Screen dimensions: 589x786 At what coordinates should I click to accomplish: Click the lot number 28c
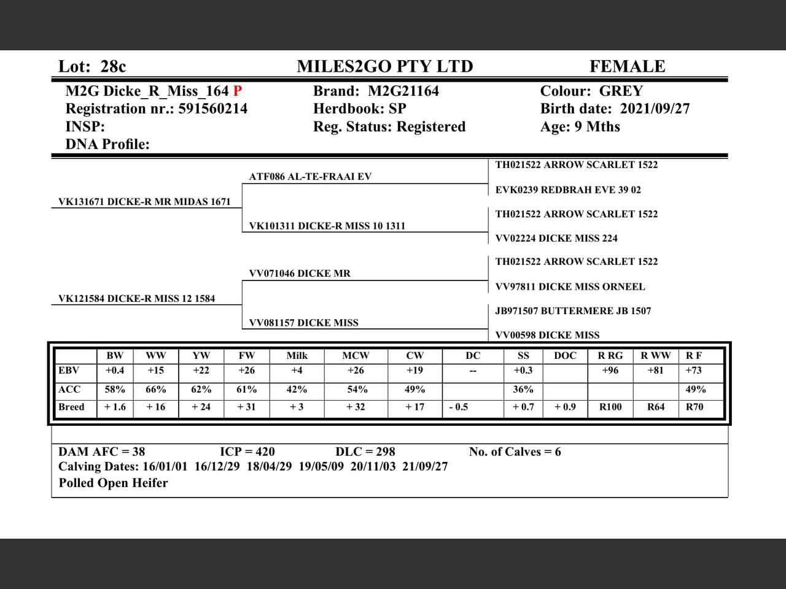pos(114,66)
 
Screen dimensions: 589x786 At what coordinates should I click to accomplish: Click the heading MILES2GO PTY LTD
pos(385,66)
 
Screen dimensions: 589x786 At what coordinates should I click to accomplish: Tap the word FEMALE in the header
pos(627,66)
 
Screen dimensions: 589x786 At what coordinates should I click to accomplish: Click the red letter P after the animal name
pos(238,91)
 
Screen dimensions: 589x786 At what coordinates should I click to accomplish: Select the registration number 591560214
pos(212,109)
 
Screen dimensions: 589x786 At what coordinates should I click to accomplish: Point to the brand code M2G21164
pos(403,91)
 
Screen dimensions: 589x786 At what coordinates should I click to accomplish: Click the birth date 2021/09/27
pos(655,109)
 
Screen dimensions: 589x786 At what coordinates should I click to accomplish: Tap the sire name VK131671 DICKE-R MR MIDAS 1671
pos(144,201)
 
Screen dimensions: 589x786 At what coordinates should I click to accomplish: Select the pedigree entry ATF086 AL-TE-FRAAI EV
pos(310,177)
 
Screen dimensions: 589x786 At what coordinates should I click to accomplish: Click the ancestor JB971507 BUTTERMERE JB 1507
pos(573,311)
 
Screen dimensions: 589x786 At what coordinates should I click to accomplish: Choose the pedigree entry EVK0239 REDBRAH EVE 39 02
pos(568,190)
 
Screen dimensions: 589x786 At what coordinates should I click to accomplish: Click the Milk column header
pos(297,356)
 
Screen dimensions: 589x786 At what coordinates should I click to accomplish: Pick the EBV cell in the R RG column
pos(610,371)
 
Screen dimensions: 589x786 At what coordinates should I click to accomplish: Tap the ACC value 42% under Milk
pos(297,390)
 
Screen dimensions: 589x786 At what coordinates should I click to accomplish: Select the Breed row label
pos(71,407)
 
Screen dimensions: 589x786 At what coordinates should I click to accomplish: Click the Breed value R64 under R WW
pos(656,407)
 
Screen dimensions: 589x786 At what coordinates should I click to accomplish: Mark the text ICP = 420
pos(247,452)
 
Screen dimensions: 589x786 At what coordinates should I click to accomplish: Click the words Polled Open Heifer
pos(113,483)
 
